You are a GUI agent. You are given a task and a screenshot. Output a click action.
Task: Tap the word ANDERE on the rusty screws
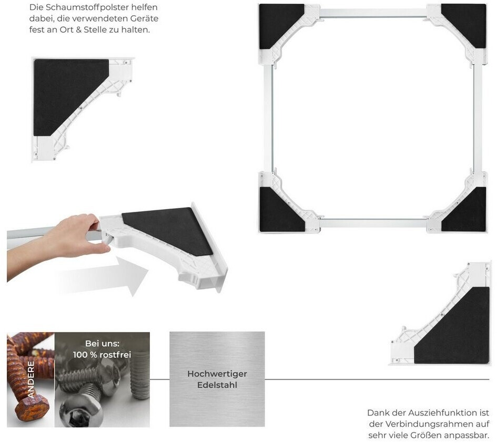click(x=31, y=379)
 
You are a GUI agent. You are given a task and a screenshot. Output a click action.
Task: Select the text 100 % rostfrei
click(x=102, y=355)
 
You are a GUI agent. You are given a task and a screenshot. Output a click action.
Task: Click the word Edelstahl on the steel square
click(x=217, y=385)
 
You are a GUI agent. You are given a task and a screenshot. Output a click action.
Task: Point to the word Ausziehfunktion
click(x=443, y=413)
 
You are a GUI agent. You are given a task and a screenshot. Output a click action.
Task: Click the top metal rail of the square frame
click(x=373, y=13)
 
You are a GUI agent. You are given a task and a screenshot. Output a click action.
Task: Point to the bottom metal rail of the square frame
click(x=373, y=223)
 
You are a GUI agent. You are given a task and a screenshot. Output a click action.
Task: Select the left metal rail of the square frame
click(x=268, y=119)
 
